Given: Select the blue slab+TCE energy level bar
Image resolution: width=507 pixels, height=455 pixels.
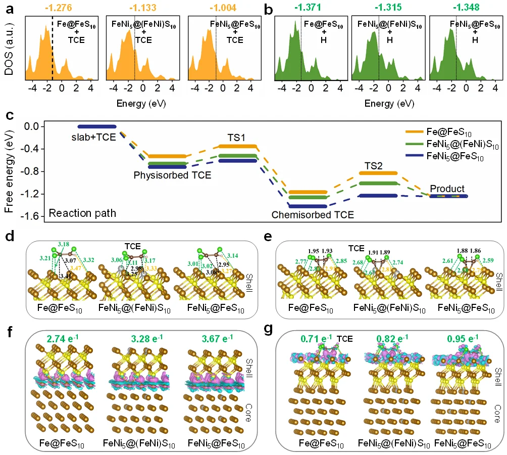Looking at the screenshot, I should (x=97, y=126).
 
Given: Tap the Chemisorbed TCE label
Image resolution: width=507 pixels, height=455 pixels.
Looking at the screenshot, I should (x=313, y=214).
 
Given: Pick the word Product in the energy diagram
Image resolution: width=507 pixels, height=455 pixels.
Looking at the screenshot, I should (x=447, y=189).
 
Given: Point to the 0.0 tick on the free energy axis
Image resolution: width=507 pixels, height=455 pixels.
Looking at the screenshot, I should (x=33, y=126).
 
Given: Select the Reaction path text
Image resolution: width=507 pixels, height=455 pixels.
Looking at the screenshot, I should (x=82, y=213).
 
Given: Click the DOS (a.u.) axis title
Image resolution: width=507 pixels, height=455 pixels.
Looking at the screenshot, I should (x=9, y=49).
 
